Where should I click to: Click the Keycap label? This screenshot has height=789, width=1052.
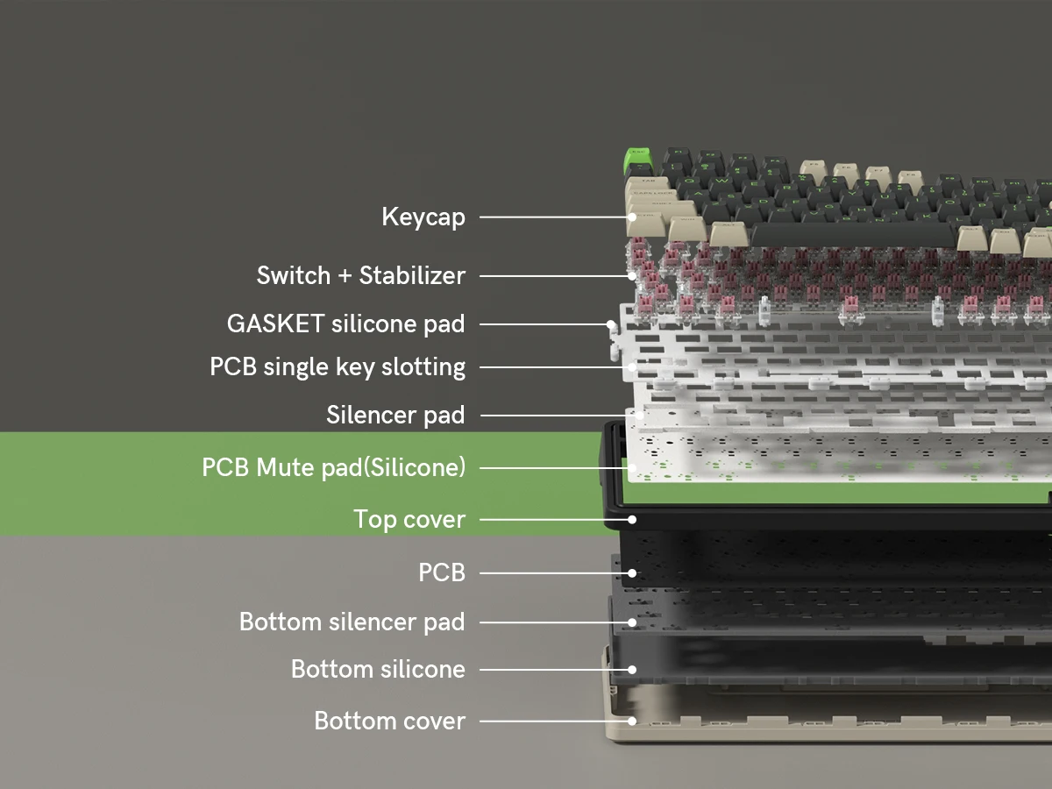point(423,217)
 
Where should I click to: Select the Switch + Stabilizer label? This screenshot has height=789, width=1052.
point(360,275)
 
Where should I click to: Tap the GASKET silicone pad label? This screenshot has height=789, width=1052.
point(345,323)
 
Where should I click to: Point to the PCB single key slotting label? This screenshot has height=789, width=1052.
point(338,366)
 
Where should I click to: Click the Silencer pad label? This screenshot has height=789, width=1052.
point(395,414)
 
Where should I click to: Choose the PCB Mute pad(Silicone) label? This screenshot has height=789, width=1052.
point(333,467)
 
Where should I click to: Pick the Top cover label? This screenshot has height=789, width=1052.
point(409,519)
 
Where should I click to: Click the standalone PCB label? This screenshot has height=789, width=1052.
point(441,572)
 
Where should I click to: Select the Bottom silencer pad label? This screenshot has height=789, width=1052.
point(352,622)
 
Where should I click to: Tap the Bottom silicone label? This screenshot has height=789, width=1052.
point(378,669)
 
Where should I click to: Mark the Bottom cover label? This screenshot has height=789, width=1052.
point(389,721)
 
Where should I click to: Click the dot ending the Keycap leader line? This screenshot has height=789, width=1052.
point(632,217)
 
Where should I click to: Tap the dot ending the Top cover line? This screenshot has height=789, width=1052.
point(632,519)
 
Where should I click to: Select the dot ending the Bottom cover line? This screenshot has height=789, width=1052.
point(632,721)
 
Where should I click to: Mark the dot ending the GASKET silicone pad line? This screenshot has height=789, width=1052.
point(610,324)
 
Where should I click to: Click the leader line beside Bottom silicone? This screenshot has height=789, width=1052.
point(552,669)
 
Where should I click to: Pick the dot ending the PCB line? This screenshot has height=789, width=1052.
point(632,572)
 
